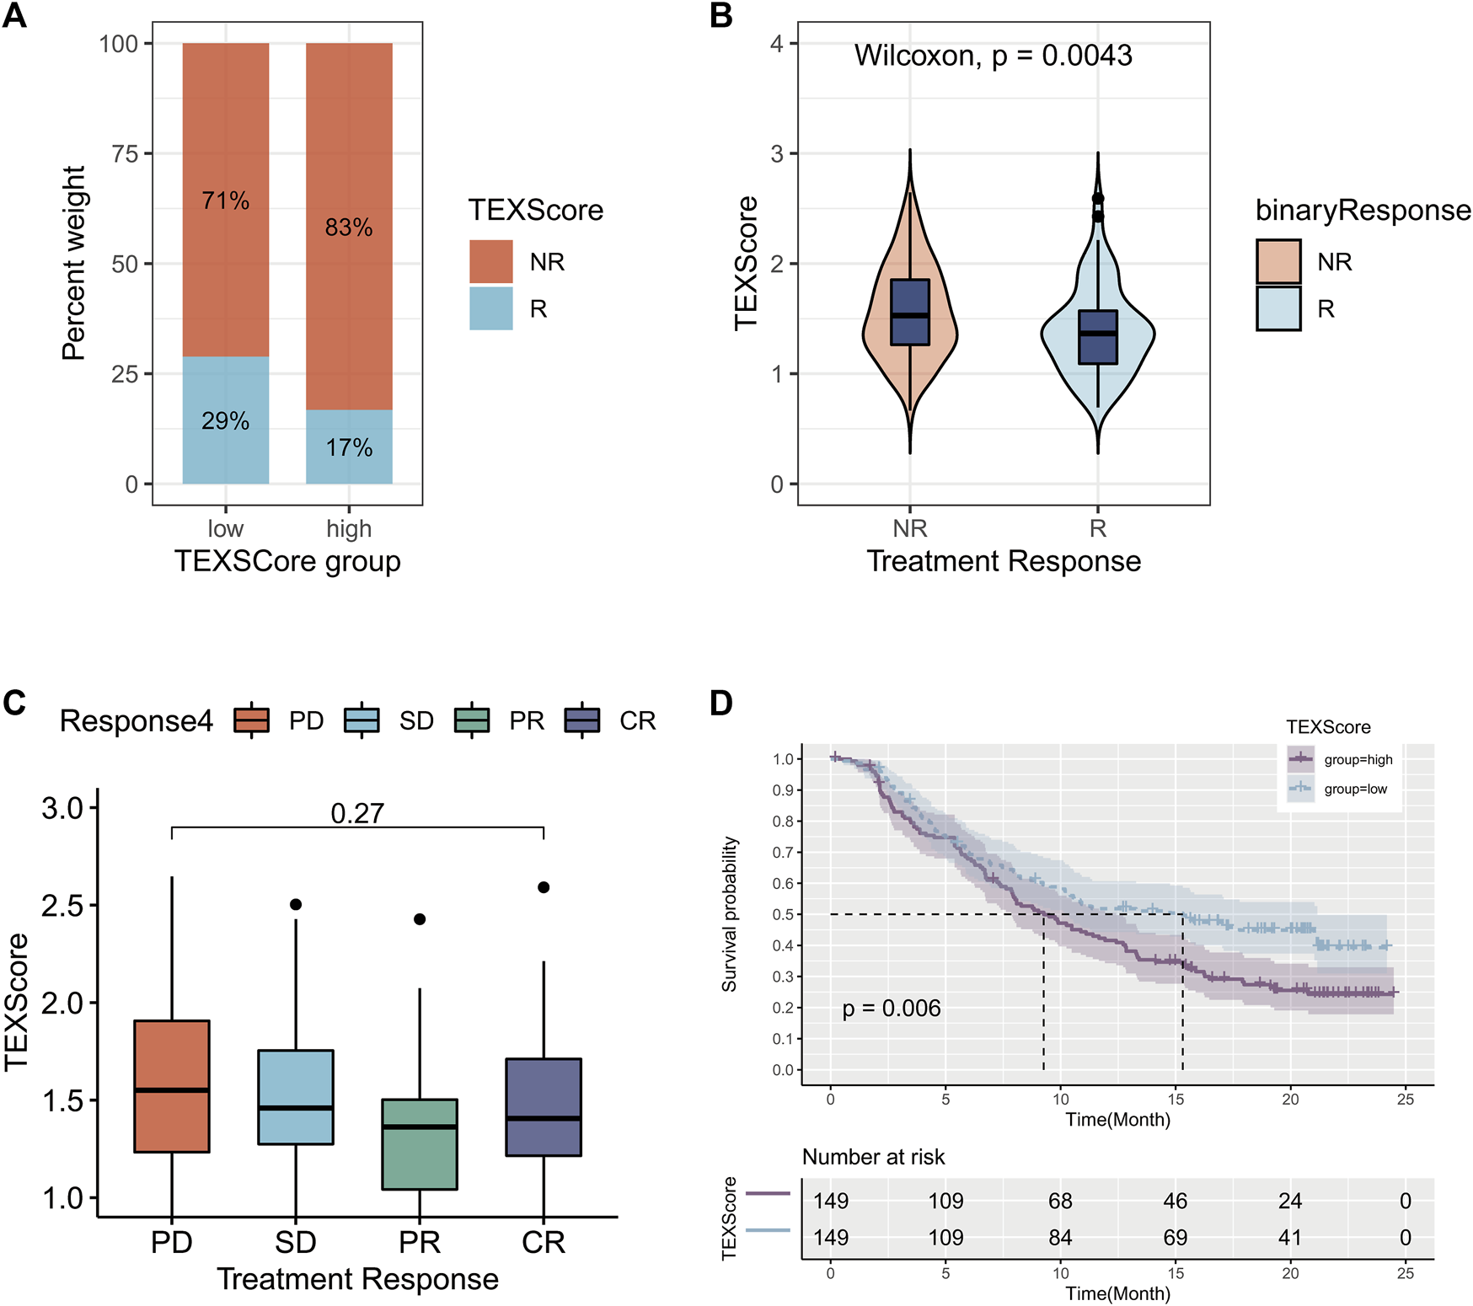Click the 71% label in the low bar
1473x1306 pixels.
(x=225, y=201)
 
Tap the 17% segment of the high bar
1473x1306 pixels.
(x=349, y=447)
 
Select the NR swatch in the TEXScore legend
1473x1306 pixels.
(x=491, y=261)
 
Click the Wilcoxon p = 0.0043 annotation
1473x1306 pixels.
(x=993, y=56)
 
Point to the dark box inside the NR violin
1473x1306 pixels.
(x=910, y=312)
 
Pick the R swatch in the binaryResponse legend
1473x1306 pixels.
(x=1278, y=308)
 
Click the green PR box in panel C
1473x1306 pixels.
(x=420, y=1143)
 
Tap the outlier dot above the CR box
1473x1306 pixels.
(x=544, y=887)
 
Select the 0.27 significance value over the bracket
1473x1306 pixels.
(x=357, y=813)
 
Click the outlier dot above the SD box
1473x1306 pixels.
(x=296, y=904)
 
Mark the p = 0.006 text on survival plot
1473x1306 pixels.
(x=892, y=1008)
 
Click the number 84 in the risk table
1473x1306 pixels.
(x=1060, y=1237)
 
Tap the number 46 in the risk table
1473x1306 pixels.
(x=1175, y=1201)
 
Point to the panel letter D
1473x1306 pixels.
(x=721, y=703)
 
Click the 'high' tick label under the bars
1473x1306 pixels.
(x=349, y=528)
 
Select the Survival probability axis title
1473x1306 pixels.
(x=729, y=914)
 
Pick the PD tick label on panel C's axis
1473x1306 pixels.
(x=172, y=1242)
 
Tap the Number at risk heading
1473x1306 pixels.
(x=873, y=1157)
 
